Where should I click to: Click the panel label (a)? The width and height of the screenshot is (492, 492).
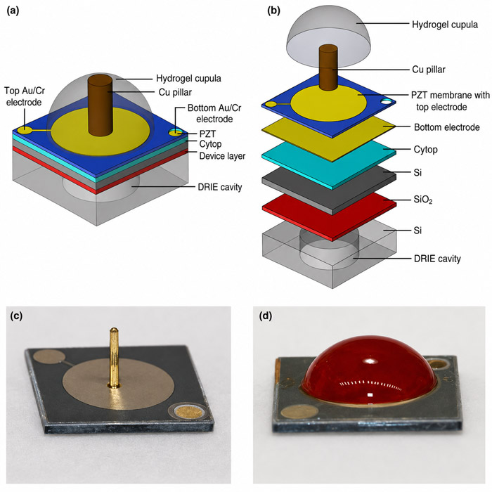point(13,11)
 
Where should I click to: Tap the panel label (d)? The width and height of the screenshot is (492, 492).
point(266,316)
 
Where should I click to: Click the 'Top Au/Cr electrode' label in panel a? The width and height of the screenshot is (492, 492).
point(25,97)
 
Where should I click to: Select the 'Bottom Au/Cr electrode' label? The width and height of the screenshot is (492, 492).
point(214,113)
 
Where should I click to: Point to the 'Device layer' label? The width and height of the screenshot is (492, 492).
point(222,156)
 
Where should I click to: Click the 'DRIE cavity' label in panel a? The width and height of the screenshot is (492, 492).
point(219,188)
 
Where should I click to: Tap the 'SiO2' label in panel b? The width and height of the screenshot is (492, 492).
point(423,200)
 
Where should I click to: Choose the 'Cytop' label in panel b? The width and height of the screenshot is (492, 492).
point(425,149)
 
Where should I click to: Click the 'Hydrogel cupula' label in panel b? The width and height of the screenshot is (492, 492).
point(445,25)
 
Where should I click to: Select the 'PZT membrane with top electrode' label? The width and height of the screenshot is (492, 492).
point(451,101)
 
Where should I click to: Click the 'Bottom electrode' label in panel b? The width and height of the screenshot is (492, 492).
point(447,127)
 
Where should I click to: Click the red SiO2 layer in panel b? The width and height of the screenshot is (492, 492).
point(329,216)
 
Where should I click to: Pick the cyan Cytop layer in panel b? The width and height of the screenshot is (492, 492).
point(329,164)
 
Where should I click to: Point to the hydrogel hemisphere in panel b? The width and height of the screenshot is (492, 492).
point(329,36)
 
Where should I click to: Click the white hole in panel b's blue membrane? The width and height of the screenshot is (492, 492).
point(387,102)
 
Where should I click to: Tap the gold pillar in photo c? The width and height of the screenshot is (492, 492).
point(114,357)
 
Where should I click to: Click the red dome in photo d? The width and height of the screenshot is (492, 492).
point(369,370)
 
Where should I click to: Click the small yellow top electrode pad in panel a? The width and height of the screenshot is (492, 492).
point(24,130)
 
